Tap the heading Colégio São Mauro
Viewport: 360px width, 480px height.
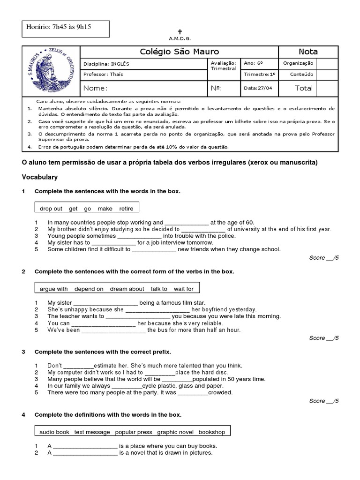(x=180, y=52)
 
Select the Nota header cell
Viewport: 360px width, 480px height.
(x=308, y=52)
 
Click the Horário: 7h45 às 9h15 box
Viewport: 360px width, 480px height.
(x=66, y=28)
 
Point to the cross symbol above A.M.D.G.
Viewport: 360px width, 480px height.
(x=180, y=31)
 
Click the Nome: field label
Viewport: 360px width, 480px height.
(x=96, y=88)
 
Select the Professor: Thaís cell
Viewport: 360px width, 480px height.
(x=103, y=75)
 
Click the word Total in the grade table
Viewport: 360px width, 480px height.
(x=303, y=88)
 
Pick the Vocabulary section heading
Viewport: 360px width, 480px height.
(x=40, y=177)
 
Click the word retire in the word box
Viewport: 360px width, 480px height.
(x=127, y=209)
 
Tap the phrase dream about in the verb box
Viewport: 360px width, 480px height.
(x=127, y=289)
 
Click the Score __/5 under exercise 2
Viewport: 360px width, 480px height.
(x=324, y=338)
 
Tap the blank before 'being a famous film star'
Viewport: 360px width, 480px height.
(x=106, y=303)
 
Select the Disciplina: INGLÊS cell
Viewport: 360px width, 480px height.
(x=106, y=64)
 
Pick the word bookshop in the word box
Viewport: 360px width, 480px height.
(x=211, y=432)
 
